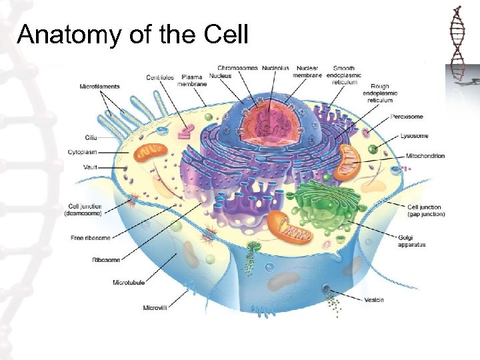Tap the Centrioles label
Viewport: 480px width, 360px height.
click(x=160, y=78)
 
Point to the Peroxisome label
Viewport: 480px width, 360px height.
click(x=407, y=117)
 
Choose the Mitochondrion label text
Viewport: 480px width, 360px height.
click(x=425, y=156)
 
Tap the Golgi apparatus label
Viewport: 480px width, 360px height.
click(x=411, y=241)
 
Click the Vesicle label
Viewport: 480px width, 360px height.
click(x=374, y=300)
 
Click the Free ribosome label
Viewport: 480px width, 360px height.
click(x=91, y=238)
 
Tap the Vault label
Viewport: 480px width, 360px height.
click(x=91, y=167)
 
